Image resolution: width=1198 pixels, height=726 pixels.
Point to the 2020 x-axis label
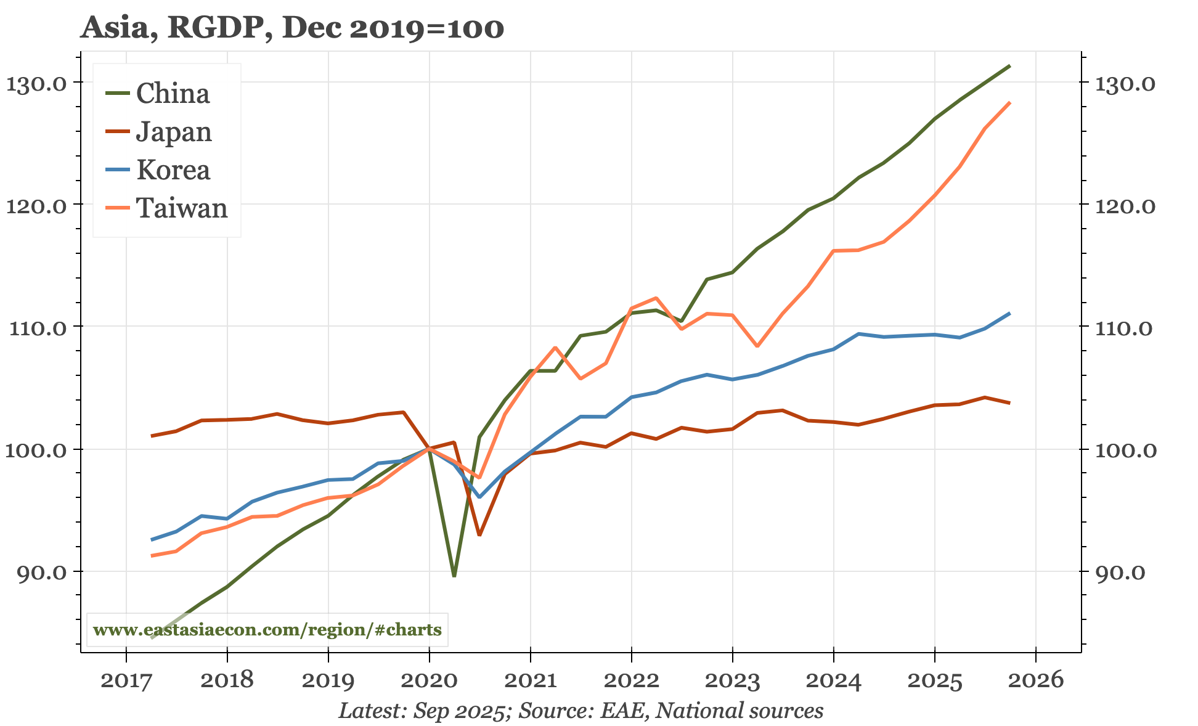(429, 680)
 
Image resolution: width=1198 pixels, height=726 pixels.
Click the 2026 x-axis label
(1035, 680)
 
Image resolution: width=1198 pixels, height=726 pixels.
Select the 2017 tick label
(126, 680)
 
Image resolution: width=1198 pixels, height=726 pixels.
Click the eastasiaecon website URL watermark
(267, 630)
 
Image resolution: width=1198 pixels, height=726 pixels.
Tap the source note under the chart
(581, 711)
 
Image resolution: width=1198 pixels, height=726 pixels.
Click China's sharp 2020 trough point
(454, 576)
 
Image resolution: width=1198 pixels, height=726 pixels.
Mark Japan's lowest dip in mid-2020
(479, 534)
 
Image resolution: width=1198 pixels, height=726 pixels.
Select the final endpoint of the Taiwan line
(1009, 103)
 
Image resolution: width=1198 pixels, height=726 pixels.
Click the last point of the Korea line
(1009, 314)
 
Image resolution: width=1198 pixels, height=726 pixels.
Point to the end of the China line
(1009, 66)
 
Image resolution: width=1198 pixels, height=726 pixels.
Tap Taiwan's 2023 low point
(757, 346)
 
